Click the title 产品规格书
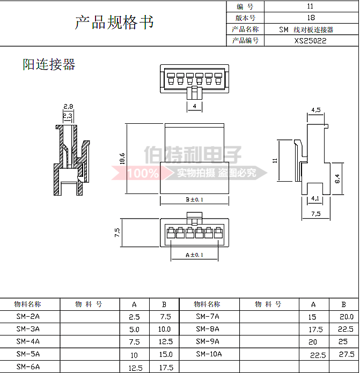pos(114,23)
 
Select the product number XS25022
pos(310,40)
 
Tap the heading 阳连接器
pos(49,65)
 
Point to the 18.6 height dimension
pos(122,158)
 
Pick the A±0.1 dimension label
pos(194,255)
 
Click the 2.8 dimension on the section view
pos(68,107)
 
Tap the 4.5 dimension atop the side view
pos(316,110)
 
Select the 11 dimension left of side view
pos(274,160)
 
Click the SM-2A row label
pos(28,316)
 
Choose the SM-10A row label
pos(209,354)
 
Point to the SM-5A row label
pos(28,354)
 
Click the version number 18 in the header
pos(311,17)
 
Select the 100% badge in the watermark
pos(143,173)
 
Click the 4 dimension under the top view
pos(194,107)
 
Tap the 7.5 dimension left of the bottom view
pos(117,233)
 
